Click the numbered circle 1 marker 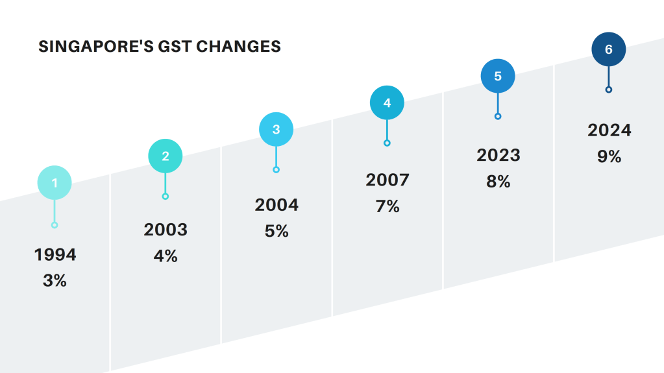55,183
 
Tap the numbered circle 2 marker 166,156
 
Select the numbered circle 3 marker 276,129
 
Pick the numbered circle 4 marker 387,102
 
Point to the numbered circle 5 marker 498,76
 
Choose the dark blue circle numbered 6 609,49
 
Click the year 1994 55,255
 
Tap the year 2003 166,230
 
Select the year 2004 277,205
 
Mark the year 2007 387,180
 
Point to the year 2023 498,156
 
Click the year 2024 609,130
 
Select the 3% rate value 55,281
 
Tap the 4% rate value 166,256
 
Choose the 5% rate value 277,232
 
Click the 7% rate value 387,207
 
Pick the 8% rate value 498,182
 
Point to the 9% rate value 609,157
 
